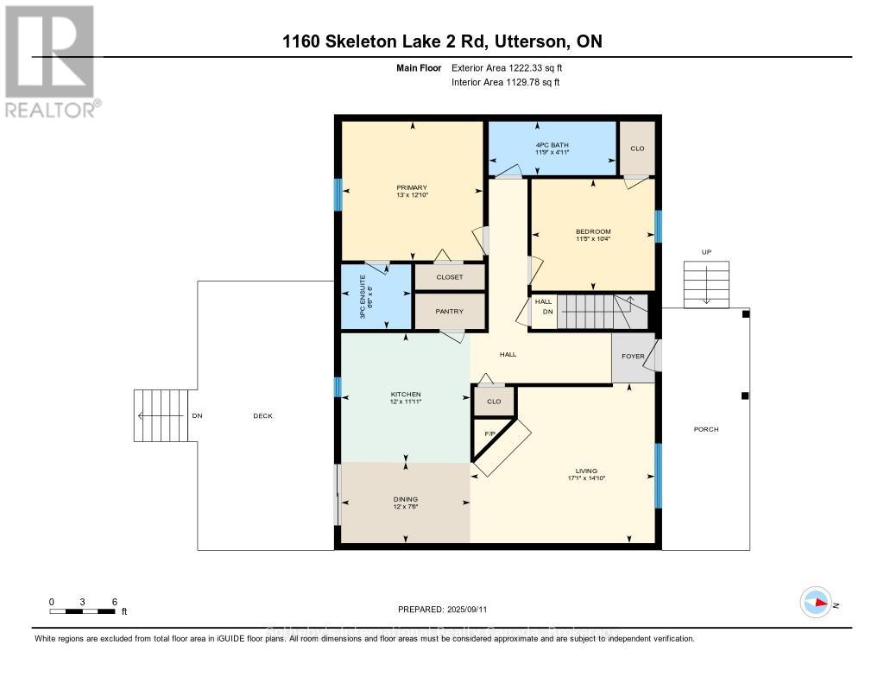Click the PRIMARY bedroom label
coord(412,188)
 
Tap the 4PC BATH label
coord(552,145)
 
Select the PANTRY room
coord(450,312)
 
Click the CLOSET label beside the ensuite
coord(450,277)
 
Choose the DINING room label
coord(405,499)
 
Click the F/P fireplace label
coord(489,433)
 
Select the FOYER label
coord(633,357)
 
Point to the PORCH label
coord(705,429)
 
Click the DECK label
coord(262,416)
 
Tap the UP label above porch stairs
coord(705,252)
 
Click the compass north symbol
coord(816,603)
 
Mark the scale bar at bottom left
coord(83,611)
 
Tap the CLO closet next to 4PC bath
coord(637,149)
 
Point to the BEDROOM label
coord(593,231)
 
